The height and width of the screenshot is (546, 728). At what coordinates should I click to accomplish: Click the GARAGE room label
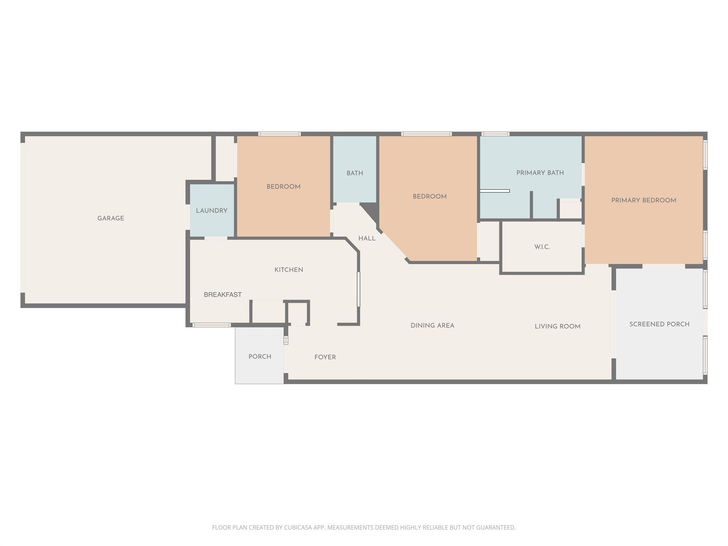pyautogui.click(x=111, y=218)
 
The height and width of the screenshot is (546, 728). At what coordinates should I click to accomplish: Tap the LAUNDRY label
pyautogui.click(x=212, y=210)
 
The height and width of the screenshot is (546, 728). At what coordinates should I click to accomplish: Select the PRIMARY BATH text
pyautogui.click(x=540, y=173)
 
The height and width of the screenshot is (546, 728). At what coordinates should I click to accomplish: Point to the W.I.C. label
pyautogui.click(x=542, y=247)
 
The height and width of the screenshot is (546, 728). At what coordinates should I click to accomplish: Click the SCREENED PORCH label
pyautogui.click(x=659, y=324)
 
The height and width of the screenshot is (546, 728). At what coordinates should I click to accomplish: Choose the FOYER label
pyautogui.click(x=325, y=357)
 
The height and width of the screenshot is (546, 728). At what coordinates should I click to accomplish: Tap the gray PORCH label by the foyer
pyautogui.click(x=259, y=357)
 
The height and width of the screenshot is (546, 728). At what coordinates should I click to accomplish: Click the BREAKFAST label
pyautogui.click(x=223, y=294)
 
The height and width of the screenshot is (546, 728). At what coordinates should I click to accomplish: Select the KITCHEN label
pyautogui.click(x=289, y=270)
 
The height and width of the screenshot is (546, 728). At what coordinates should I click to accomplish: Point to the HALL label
pyautogui.click(x=367, y=238)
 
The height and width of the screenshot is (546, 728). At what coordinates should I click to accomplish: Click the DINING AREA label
pyautogui.click(x=432, y=326)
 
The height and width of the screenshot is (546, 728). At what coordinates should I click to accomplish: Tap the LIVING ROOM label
pyautogui.click(x=557, y=326)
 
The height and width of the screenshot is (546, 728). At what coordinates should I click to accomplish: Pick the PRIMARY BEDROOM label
pyautogui.click(x=643, y=200)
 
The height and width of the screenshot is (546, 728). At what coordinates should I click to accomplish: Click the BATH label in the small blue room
pyautogui.click(x=355, y=173)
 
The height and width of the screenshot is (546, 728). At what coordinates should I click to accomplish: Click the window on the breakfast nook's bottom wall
pyautogui.click(x=211, y=325)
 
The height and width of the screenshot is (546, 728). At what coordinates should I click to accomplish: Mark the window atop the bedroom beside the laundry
pyautogui.click(x=279, y=134)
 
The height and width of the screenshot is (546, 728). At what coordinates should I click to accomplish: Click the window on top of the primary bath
pyautogui.click(x=495, y=134)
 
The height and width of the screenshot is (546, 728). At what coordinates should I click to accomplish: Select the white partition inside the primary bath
pyautogui.click(x=494, y=191)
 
